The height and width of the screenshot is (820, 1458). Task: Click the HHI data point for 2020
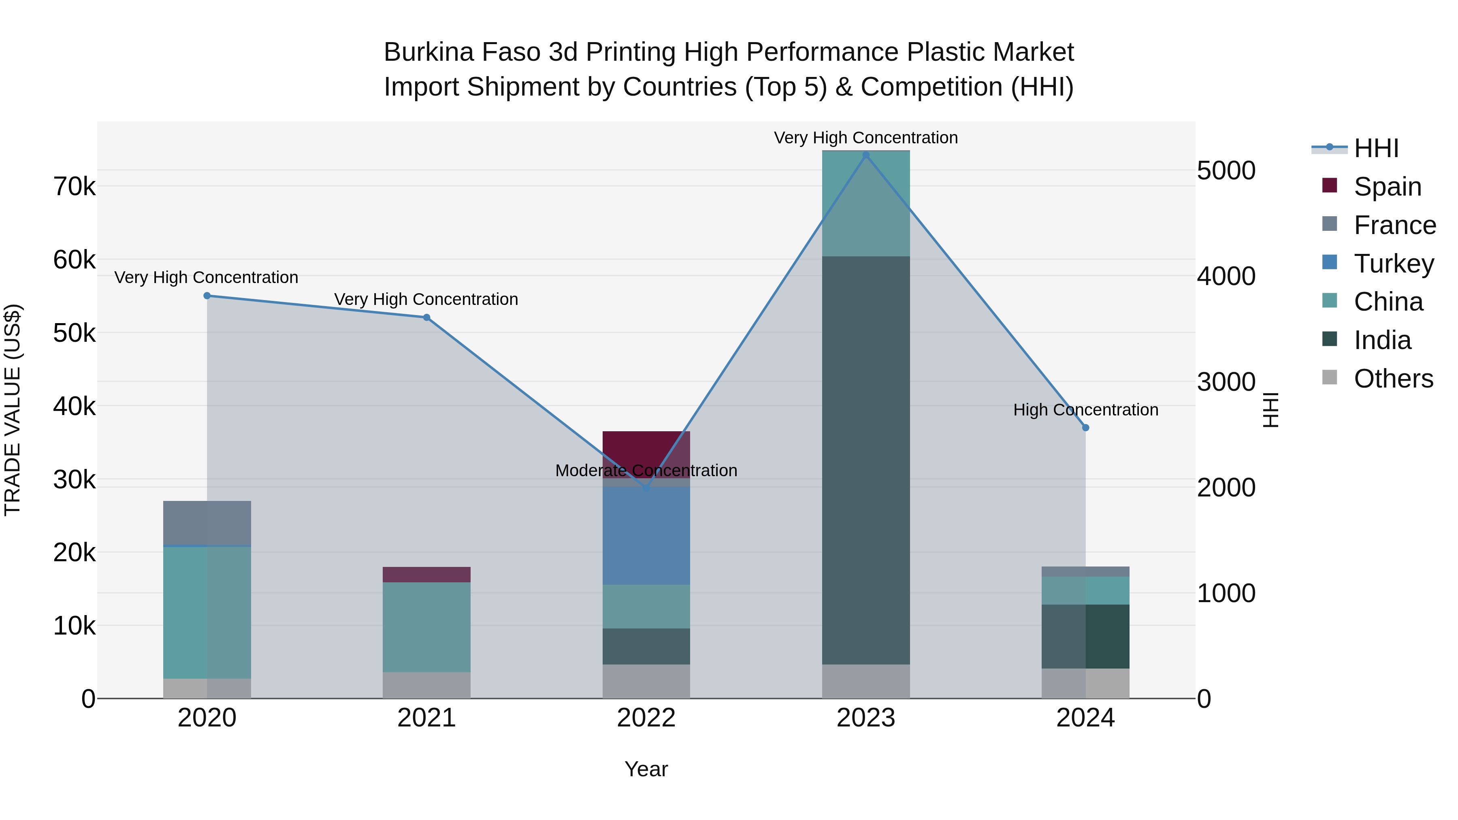pos(207,296)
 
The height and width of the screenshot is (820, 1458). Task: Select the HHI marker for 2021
pos(427,317)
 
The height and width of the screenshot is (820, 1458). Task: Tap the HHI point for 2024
pos(1085,428)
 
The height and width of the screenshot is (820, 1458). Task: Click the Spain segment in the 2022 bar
pos(646,450)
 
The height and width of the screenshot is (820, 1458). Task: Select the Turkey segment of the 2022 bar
pos(646,535)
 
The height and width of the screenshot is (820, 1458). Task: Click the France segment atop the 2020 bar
pos(207,522)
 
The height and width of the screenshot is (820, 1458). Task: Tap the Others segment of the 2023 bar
pos(865,682)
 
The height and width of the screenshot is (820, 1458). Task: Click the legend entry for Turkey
pos(1394,264)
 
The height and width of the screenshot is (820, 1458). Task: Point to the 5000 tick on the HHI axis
pos(1226,171)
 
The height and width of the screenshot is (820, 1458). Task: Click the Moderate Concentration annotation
pos(646,471)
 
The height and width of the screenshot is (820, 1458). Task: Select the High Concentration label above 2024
pos(1085,410)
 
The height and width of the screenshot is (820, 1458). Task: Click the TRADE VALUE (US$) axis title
pos(13,410)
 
